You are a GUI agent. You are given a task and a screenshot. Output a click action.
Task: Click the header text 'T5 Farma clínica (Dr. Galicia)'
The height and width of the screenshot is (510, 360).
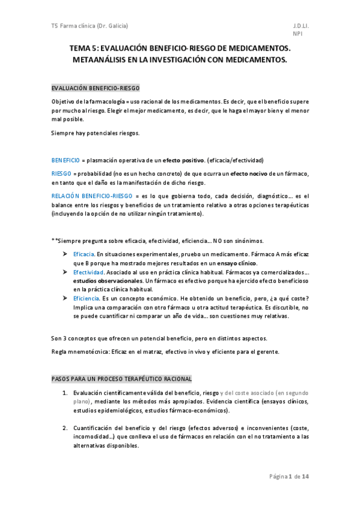(x=90, y=26)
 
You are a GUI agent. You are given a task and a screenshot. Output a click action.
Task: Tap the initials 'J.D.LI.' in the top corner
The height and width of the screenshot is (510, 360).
(x=301, y=26)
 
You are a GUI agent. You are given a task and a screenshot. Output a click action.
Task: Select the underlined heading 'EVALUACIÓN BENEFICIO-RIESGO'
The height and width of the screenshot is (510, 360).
(x=95, y=88)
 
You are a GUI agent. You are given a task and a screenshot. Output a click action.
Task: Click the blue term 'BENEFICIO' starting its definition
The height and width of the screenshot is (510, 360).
(x=66, y=161)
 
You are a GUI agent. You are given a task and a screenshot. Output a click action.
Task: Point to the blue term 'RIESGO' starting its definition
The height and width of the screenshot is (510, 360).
(x=61, y=173)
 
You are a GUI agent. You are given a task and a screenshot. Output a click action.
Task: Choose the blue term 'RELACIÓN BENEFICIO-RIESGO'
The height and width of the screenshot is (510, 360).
(x=92, y=196)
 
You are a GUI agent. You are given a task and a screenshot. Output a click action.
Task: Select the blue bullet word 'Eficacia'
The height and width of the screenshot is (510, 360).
(x=84, y=255)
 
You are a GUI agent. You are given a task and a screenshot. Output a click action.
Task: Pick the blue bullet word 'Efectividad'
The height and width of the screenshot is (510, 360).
(x=88, y=272)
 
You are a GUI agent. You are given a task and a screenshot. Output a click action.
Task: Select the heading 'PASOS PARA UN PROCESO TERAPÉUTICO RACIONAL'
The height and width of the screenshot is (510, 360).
(x=121, y=379)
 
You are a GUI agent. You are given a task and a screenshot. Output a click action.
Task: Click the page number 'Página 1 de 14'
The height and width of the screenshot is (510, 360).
(x=289, y=477)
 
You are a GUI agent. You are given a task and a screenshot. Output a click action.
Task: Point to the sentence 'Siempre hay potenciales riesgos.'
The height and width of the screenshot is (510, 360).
(x=96, y=133)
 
